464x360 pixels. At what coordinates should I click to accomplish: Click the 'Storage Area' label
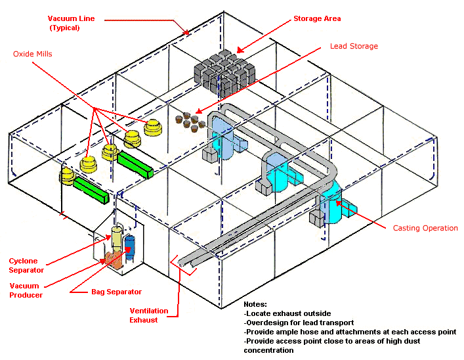[317, 18]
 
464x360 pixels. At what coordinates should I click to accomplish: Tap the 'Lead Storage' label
[354, 46]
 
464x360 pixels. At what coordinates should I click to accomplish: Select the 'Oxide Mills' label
[32, 54]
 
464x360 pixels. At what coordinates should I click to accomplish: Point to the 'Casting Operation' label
[425, 228]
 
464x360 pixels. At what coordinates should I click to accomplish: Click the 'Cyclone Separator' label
[26, 266]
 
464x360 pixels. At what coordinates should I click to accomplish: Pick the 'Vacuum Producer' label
[24, 290]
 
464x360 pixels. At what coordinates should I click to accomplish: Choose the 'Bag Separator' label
[116, 291]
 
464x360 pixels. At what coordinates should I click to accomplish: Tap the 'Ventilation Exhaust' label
[148, 315]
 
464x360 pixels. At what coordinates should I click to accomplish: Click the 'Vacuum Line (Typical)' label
[72, 23]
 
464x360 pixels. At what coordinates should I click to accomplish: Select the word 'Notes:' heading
[255, 305]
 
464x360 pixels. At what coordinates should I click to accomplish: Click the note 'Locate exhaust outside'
[287, 313]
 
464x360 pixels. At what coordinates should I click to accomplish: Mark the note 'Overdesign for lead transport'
[298, 323]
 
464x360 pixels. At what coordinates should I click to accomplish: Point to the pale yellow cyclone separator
[117, 237]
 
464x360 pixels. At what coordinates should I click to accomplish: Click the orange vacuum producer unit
[113, 258]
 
